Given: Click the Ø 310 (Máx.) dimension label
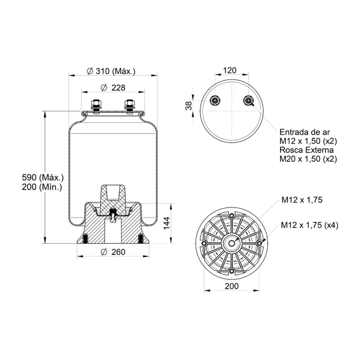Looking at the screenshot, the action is coord(111,71).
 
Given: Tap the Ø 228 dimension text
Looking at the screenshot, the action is coord(113,88).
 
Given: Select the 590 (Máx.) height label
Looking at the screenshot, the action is coord(43,177).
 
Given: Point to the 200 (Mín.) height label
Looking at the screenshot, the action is coord(42,187).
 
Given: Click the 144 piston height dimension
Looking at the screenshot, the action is coord(166,223).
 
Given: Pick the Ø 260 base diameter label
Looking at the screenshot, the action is coord(113,252).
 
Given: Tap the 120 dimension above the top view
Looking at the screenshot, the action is coord(230,70).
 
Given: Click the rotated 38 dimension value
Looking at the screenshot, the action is coord(189,106).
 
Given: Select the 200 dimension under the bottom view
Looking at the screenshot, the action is coord(232,286).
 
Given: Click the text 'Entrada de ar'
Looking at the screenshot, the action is coord(305,132).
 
